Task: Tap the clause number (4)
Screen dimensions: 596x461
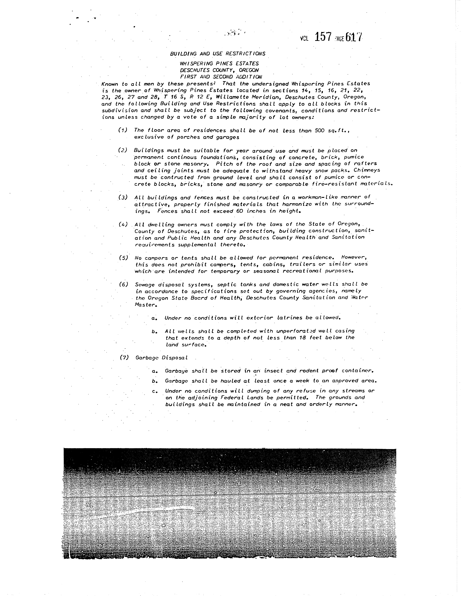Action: [x=123, y=224]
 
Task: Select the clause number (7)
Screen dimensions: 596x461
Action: [x=124, y=358]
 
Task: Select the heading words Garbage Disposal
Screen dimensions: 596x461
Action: [x=162, y=358]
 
